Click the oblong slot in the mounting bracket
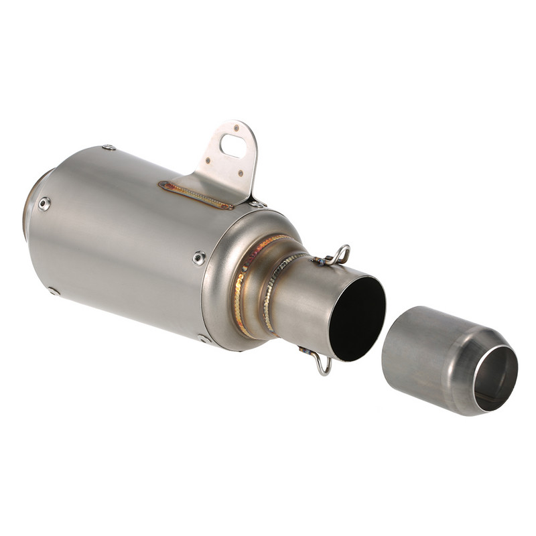pyautogui.click(x=232, y=145)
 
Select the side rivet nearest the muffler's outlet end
pyautogui.click(x=44, y=204)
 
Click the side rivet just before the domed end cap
pyautogui.click(x=199, y=257)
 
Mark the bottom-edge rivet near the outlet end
pyautogui.click(x=54, y=291)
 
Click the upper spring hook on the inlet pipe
pyautogui.click(x=338, y=255)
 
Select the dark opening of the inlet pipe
pyautogui.click(x=358, y=318)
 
